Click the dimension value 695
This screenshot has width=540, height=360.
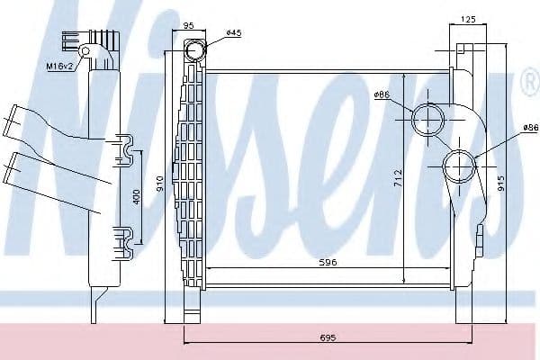328,337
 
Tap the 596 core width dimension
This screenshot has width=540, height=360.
328,263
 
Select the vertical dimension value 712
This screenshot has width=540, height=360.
398,178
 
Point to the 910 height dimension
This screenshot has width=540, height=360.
160,184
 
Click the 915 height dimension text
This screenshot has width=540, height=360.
500,184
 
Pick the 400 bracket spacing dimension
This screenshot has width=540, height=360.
137,197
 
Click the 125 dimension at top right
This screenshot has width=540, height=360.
468,19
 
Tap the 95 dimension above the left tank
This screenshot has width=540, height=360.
189,25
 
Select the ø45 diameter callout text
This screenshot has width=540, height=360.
234,32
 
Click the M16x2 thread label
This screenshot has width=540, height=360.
60,66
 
